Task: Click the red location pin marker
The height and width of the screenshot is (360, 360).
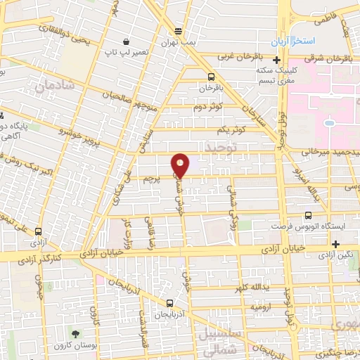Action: pos(180,166)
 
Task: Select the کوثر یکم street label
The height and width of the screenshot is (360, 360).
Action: pos(231,130)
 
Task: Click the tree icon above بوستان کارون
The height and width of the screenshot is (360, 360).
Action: pos(75,330)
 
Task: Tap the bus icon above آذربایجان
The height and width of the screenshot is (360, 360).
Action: pos(169,304)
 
